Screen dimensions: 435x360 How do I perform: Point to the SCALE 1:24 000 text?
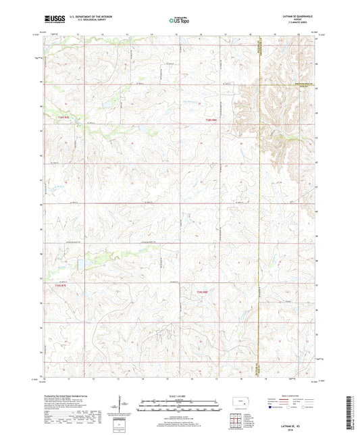pos(179,395)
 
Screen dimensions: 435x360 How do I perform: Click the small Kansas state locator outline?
pos(241,403)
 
